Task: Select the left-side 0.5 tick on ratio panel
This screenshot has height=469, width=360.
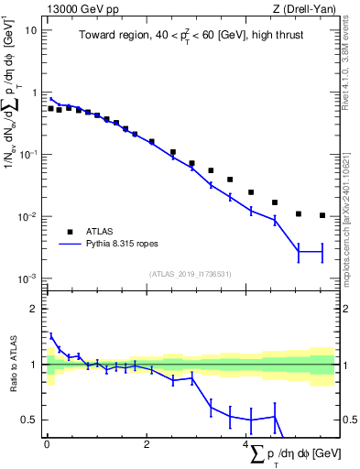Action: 31,420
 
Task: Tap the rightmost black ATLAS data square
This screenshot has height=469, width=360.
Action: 322,215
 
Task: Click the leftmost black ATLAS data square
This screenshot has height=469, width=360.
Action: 51,108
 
